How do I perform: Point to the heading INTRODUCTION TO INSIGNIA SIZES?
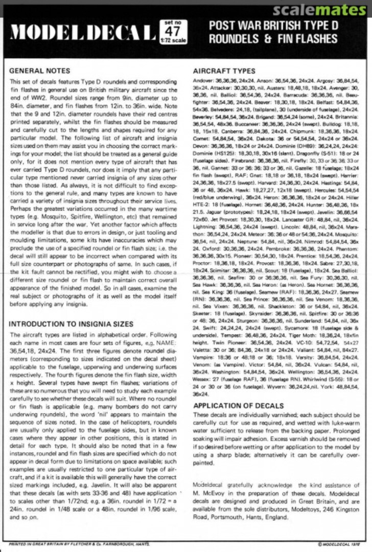[x=72, y=324]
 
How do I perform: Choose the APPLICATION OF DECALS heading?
[x=238, y=405]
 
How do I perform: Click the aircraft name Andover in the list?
[x=202, y=82]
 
